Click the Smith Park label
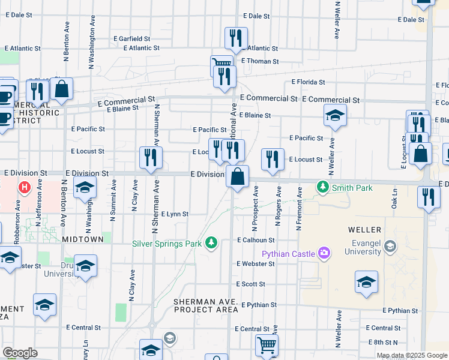click(x=352, y=188)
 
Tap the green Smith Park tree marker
click(x=323, y=188)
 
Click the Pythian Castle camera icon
click(x=324, y=254)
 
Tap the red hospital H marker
click(x=25, y=188)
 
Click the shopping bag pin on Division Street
click(x=238, y=177)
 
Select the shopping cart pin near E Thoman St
click(x=221, y=64)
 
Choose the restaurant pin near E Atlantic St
click(x=236, y=38)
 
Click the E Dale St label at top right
click(x=410, y=20)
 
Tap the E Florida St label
click(x=308, y=82)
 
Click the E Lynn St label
click(x=175, y=214)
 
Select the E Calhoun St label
click(x=255, y=241)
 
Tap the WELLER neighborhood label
click(x=364, y=230)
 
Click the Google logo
click(x=20, y=353)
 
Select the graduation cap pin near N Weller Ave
click(x=335, y=115)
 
